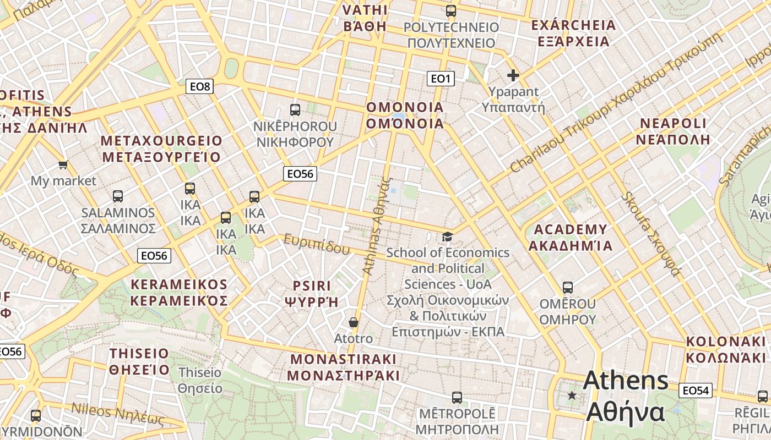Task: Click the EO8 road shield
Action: coord(199,86)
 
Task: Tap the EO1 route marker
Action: coord(441,79)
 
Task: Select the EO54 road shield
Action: coord(695,391)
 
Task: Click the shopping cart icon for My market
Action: coord(63,164)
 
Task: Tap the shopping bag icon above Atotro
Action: coord(354,322)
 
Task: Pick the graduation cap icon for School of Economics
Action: coord(448,237)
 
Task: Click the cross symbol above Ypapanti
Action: coord(513,75)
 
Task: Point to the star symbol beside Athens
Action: coord(572,395)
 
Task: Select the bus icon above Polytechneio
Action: coord(451,10)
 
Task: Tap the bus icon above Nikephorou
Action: coord(295,109)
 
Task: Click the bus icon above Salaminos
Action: coord(118,196)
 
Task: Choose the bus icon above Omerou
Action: coord(568,287)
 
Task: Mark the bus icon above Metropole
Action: coord(457,397)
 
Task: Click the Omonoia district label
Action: coord(405,115)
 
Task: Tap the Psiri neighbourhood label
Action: coord(312,294)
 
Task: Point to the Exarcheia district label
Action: coord(573,33)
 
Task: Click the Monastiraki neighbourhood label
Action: coord(344,367)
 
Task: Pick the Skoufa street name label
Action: coord(651,234)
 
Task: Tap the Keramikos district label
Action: coord(179,292)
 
